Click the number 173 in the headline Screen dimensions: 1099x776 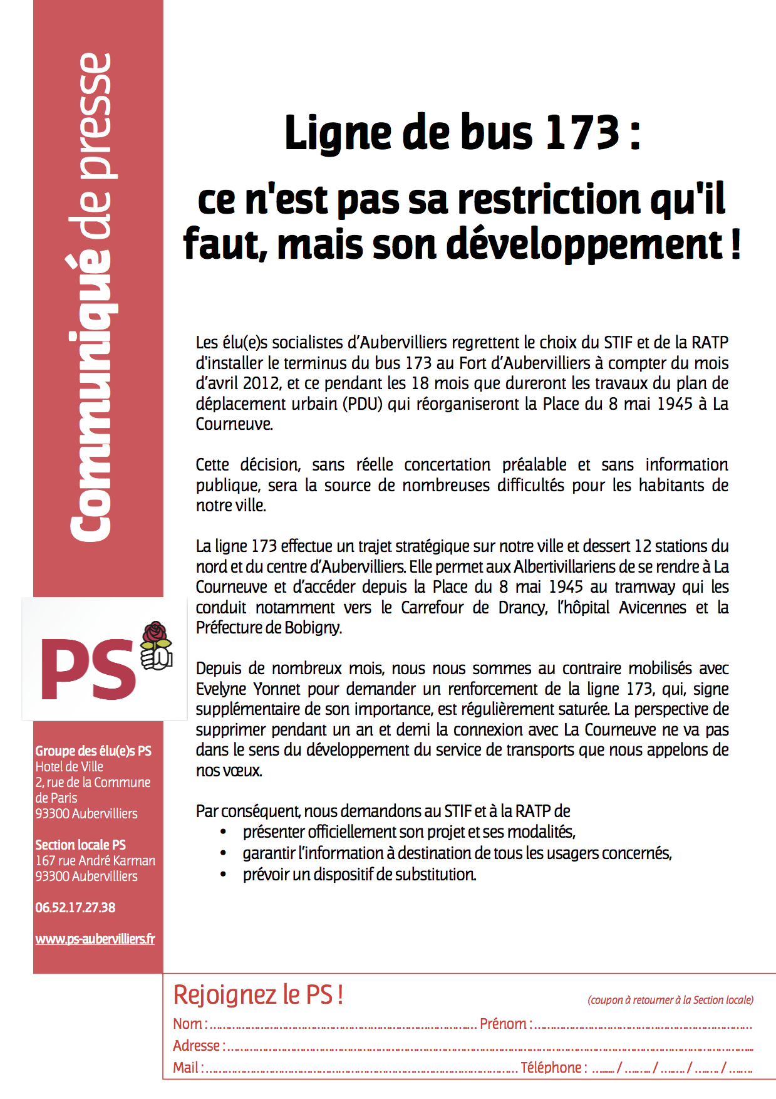pyautogui.click(x=583, y=133)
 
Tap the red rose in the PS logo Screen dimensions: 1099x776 pyautogui.click(x=156, y=634)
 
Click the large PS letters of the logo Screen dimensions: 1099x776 pyautogui.click(x=88, y=669)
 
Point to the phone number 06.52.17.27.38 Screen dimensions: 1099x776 pyautogui.click(x=75, y=907)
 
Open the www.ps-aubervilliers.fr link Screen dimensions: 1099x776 pyautogui.click(x=95, y=939)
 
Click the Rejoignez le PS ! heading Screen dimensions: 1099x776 pyautogui.click(x=258, y=995)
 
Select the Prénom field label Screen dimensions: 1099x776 pyautogui.click(x=505, y=1024)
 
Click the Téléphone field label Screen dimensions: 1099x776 pyautogui.click(x=552, y=1068)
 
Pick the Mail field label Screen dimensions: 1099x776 pyautogui.click(x=187, y=1068)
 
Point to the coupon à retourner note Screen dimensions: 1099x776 pyautogui.click(x=670, y=1000)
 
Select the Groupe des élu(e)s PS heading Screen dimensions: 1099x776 pyautogui.click(x=93, y=751)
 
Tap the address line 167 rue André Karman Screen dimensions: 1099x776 pyautogui.click(x=95, y=860)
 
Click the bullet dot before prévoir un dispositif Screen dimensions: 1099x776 pyautogui.click(x=224, y=874)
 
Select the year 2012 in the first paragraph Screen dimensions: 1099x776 pyautogui.click(x=261, y=383)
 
